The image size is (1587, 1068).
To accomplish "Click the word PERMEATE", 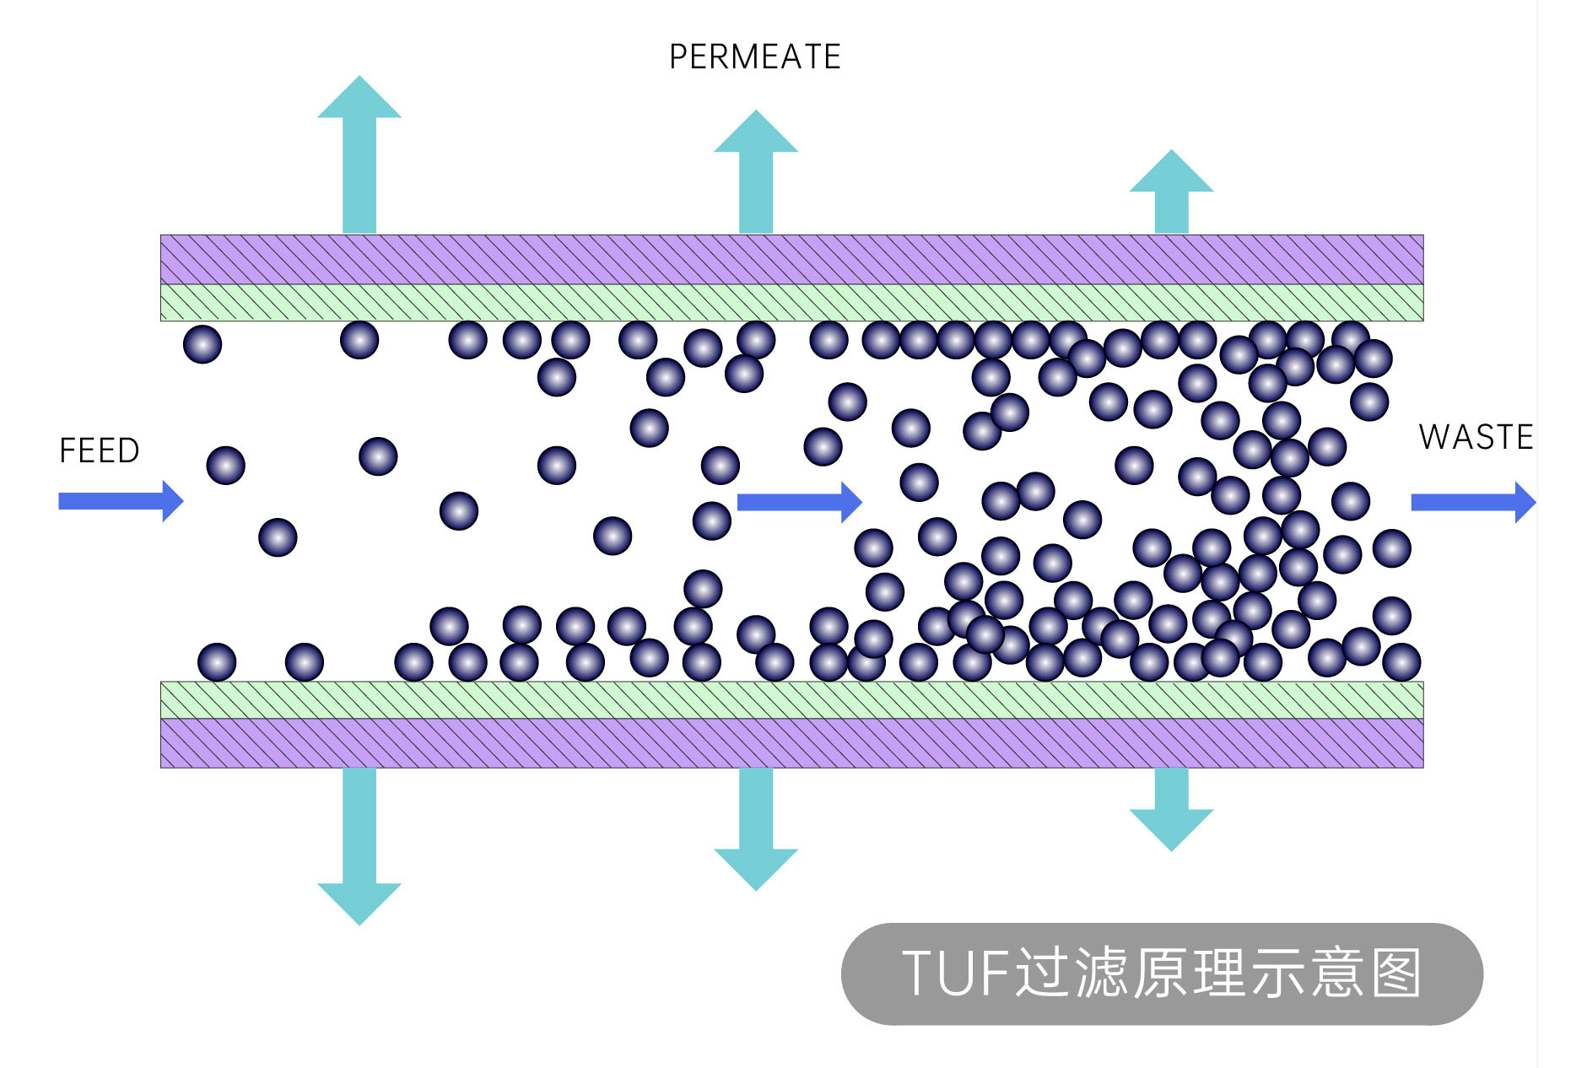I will pyautogui.click(x=754, y=57).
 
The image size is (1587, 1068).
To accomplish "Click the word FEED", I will pyautogui.click(x=100, y=450).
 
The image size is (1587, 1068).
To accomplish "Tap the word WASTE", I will pyautogui.click(x=1476, y=437).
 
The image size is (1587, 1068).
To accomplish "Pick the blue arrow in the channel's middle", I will pyautogui.click(x=798, y=502).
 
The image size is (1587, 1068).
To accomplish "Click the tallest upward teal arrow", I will pyautogui.click(x=359, y=156).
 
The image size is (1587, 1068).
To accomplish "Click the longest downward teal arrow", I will pyautogui.click(x=359, y=844).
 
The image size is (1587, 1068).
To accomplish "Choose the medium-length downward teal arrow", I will pyautogui.click(x=756, y=827).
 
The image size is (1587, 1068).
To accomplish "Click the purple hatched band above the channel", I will pyautogui.click(x=791, y=259).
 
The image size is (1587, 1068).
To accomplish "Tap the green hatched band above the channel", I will pyautogui.click(x=791, y=302).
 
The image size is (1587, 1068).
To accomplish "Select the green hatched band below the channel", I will pyautogui.click(x=791, y=699).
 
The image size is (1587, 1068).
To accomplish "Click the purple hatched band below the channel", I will pyautogui.click(x=791, y=742).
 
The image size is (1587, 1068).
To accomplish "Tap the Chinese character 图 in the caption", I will pyautogui.click(x=1397, y=974).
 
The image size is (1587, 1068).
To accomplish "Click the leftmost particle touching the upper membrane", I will pyautogui.click(x=202, y=344).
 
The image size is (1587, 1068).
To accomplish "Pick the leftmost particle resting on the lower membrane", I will pyautogui.click(x=217, y=662).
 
